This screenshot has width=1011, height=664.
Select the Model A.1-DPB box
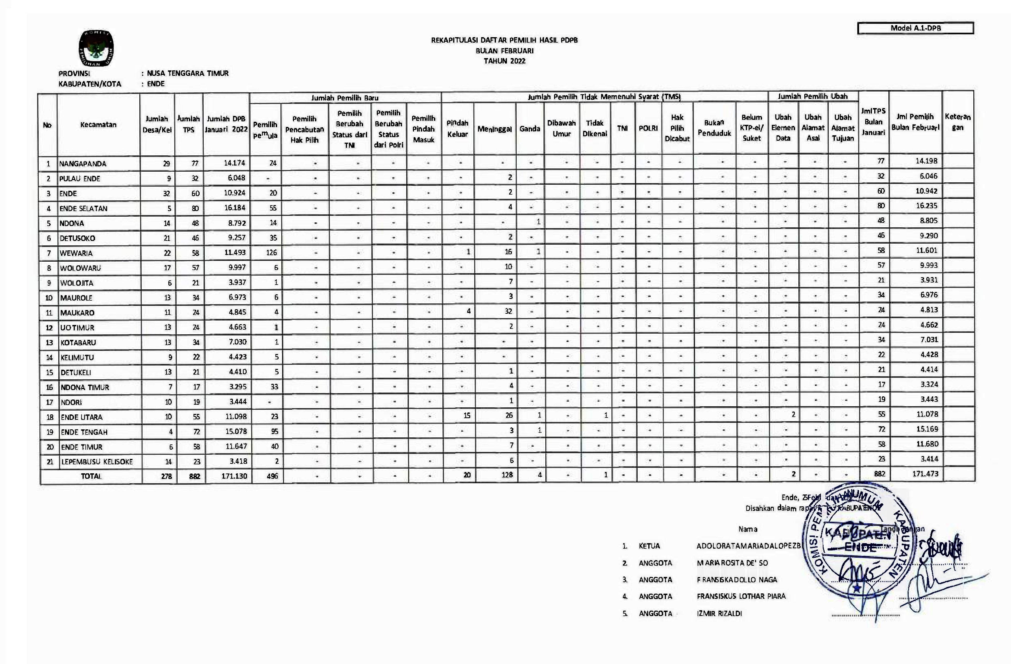(x=915, y=28)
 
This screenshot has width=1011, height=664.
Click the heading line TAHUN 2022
(x=504, y=61)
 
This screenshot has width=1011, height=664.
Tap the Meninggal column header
(x=494, y=129)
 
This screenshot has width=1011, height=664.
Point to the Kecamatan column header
(x=98, y=125)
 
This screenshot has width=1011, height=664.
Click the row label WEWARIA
(x=76, y=253)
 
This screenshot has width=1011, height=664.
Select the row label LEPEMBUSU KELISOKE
(x=97, y=462)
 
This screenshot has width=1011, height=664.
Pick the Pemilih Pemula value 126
(x=271, y=252)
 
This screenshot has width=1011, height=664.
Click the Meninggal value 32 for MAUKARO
(x=508, y=311)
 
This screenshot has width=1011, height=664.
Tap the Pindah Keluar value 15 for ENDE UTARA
(x=467, y=415)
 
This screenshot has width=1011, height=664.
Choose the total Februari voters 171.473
(x=925, y=474)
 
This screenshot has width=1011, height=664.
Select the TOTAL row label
(x=91, y=476)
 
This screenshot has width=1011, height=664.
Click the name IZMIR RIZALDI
(x=719, y=614)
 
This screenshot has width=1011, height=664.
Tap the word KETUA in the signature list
(x=649, y=546)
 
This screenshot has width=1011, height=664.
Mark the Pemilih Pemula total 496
(x=272, y=476)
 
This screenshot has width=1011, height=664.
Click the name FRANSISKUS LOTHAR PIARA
(x=741, y=597)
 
